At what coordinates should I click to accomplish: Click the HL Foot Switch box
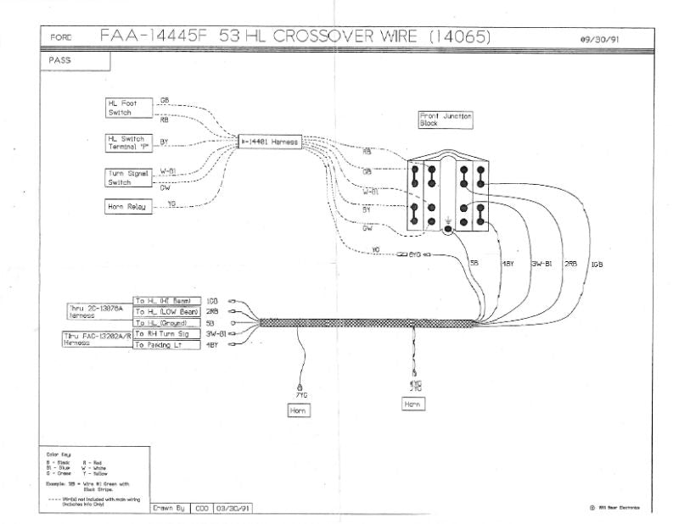(126, 108)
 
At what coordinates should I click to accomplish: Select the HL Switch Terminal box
(126, 142)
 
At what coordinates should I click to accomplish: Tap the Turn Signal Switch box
(126, 177)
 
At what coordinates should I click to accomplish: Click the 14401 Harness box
(269, 142)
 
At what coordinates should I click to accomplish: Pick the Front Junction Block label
(446, 120)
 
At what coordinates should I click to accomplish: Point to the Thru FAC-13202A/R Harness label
(93, 340)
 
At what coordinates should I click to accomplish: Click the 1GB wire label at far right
(597, 265)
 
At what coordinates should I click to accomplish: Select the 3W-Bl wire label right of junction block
(542, 265)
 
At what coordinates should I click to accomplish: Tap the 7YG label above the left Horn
(300, 395)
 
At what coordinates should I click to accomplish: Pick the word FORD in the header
(61, 38)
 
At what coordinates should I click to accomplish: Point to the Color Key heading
(58, 454)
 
